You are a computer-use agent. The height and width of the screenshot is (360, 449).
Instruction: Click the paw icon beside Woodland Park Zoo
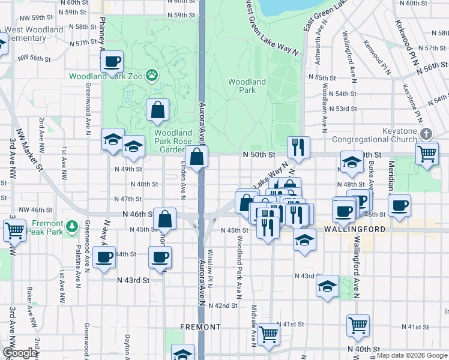(x=153, y=76)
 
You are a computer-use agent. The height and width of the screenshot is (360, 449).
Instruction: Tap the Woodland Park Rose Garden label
(x=173, y=141)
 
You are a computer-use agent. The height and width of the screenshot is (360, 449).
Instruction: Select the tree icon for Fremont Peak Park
(x=72, y=226)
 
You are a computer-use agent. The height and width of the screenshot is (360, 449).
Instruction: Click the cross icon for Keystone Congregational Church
(x=426, y=134)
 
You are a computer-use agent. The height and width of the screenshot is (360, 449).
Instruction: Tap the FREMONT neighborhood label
(x=200, y=327)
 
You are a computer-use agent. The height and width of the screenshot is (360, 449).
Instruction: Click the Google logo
(x=20, y=353)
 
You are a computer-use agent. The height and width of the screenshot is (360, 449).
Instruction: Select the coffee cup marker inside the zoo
(x=112, y=62)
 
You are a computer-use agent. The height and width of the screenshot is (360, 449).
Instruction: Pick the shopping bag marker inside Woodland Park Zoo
(x=157, y=110)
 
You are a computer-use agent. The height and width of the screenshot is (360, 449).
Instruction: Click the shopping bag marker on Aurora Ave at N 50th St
(x=197, y=157)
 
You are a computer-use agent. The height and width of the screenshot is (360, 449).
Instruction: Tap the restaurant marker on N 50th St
(x=298, y=146)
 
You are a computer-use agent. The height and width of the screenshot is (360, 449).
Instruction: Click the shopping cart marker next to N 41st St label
(x=358, y=325)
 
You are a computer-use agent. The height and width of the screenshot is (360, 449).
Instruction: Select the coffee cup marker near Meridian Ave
(x=399, y=205)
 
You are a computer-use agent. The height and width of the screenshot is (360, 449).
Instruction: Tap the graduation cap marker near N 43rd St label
(x=327, y=286)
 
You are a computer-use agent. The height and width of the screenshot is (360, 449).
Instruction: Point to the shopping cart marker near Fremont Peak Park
(x=14, y=229)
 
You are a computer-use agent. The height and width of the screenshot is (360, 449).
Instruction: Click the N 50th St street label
(x=259, y=155)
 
